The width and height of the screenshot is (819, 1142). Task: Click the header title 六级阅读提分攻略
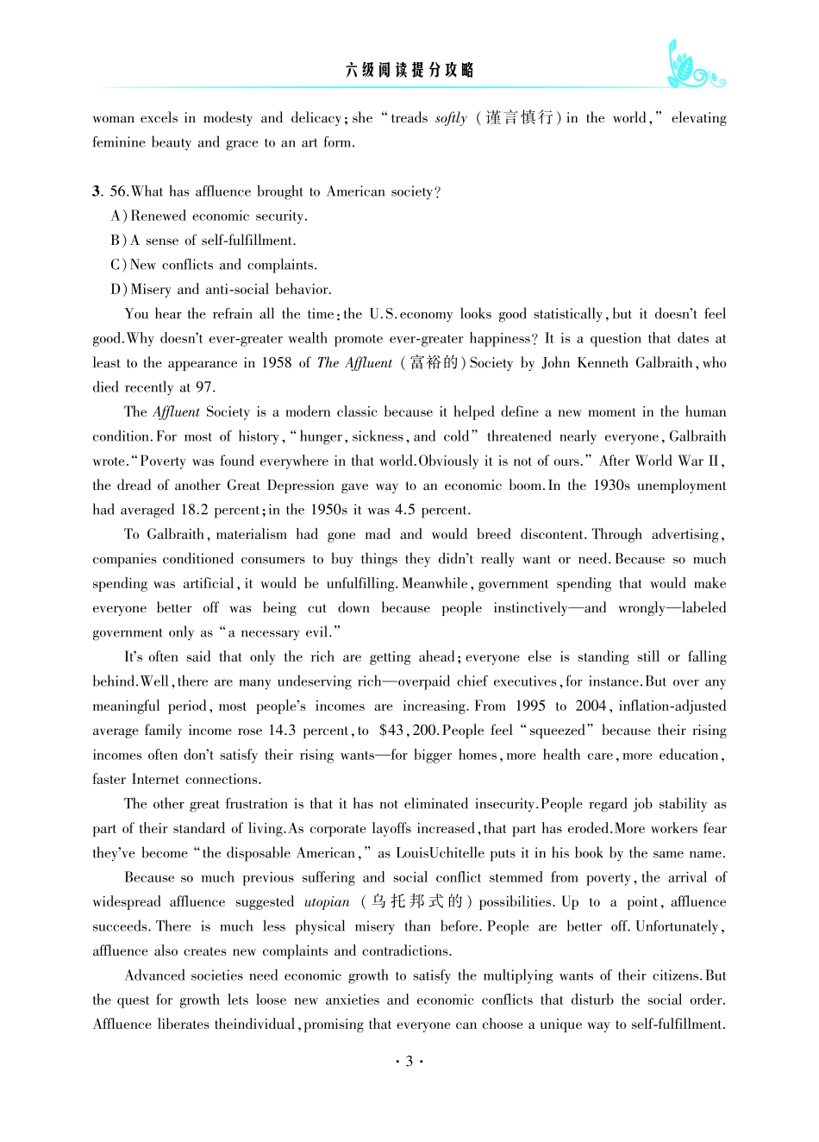coord(409,71)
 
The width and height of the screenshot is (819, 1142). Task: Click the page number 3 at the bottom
coord(409,1061)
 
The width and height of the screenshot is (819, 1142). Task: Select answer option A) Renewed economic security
coord(209,216)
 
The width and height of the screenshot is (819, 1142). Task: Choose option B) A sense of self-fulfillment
coord(203,241)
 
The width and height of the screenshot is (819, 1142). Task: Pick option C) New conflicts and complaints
coord(214,265)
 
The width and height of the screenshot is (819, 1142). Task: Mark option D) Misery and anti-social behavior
coord(221,290)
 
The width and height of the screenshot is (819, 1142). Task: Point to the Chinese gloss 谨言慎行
coord(519,118)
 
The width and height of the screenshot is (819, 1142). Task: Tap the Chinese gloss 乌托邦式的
coord(417,902)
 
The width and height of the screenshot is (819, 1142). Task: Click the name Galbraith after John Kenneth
coord(665,363)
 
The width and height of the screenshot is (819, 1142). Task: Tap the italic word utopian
coord(327,902)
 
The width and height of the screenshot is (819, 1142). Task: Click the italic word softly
coord(451,118)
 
